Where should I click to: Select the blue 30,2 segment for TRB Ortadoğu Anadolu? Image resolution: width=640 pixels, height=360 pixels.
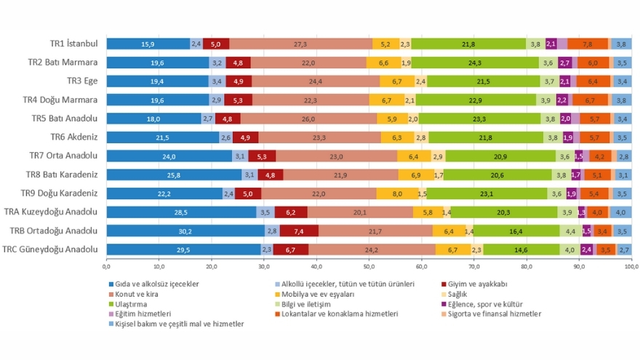185,231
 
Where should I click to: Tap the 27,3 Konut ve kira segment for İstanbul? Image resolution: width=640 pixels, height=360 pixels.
300,44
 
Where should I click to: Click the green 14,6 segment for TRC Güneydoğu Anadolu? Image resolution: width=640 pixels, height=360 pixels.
521,249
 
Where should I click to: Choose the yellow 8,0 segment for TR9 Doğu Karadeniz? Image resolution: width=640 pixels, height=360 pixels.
396,193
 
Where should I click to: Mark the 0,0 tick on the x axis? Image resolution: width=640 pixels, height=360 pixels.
107,266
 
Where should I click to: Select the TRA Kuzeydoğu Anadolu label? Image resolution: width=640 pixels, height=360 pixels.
61,212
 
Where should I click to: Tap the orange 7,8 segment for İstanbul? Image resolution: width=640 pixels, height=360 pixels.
587,44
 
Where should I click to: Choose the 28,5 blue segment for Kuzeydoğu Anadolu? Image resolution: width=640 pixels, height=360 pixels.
181,212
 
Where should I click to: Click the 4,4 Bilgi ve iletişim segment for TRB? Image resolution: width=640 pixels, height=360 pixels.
571,231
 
